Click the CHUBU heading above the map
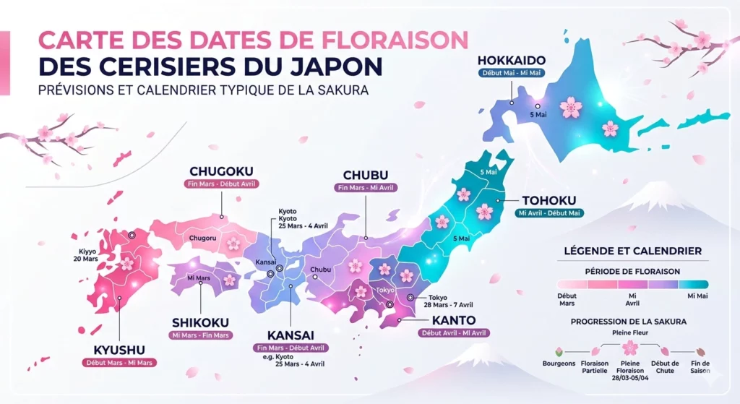tap(366, 175)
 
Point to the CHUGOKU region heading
tap(222, 171)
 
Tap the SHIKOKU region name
tap(200, 322)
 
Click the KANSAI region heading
tap(290, 335)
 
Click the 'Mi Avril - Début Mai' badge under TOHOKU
tap(548, 213)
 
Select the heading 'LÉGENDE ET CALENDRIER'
tap(632, 251)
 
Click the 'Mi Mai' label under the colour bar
tap(697, 296)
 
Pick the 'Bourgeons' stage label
tap(559, 364)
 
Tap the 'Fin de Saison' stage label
tap(700, 366)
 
